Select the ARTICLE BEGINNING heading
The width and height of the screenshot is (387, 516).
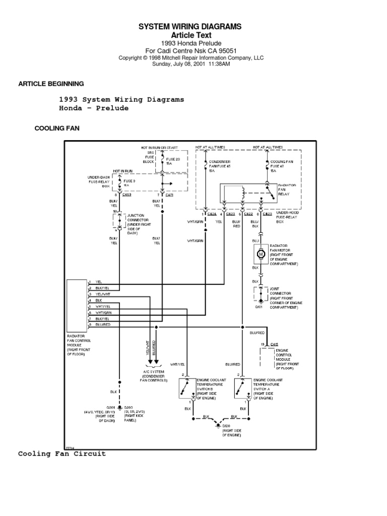pos(51,84)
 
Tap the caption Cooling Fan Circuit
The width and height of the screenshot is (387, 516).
pos(62,454)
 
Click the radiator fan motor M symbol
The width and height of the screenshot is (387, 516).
pos(261,254)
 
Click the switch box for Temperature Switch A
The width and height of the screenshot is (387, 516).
pos(243,389)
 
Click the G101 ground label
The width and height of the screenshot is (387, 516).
pos(259,305)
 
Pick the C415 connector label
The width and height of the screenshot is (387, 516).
pos(274,344)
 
